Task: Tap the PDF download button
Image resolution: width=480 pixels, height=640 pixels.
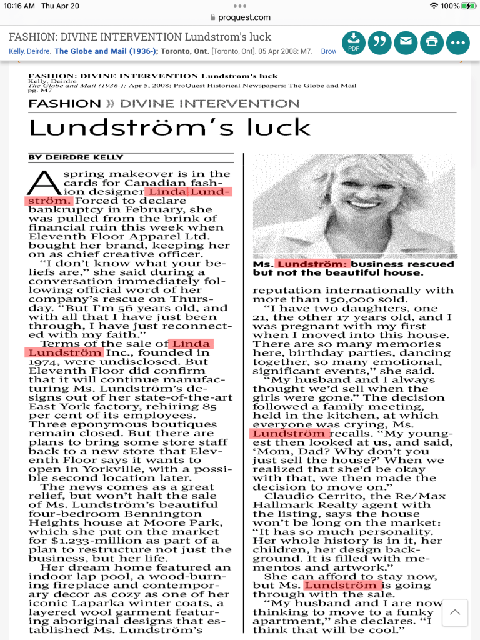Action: [x=354, y=42]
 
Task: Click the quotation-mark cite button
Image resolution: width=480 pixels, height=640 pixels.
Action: [x=380, y=42]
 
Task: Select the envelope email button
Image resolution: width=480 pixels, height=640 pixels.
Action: [x=406, y=42]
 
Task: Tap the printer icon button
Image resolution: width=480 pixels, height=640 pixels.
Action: [x=432, y=42]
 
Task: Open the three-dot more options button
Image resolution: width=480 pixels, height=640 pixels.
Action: [x=458, y=42]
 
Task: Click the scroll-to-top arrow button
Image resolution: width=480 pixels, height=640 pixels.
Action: [x=455, y=612]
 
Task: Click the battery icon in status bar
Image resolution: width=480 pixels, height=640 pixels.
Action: [x=468, y=6]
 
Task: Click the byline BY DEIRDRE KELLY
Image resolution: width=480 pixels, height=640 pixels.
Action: [x=76, y=157]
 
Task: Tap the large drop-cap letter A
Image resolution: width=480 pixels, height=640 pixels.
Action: [x=42, y=182]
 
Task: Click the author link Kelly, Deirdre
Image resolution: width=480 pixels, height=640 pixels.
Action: [x=29, y=51]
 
